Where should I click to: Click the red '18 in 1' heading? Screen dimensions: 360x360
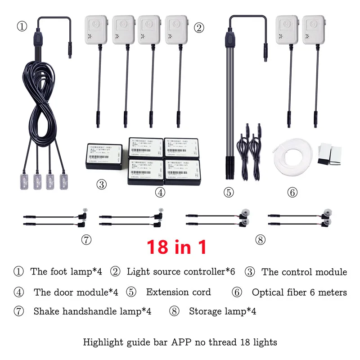pyautogui.click(x=177, y=247)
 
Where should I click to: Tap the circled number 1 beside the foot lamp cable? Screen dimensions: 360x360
pyautogui.click(x=22, y=26)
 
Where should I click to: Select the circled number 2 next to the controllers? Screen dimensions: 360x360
pyautogui.click(x=199, y=27)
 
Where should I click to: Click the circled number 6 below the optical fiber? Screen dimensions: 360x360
pyautogui.click(x=292, y=193)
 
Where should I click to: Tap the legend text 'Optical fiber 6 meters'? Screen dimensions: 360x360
pyautogui.click(x=299, y=292)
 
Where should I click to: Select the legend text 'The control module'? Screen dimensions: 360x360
pyautogui.click(x=304, y=272)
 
